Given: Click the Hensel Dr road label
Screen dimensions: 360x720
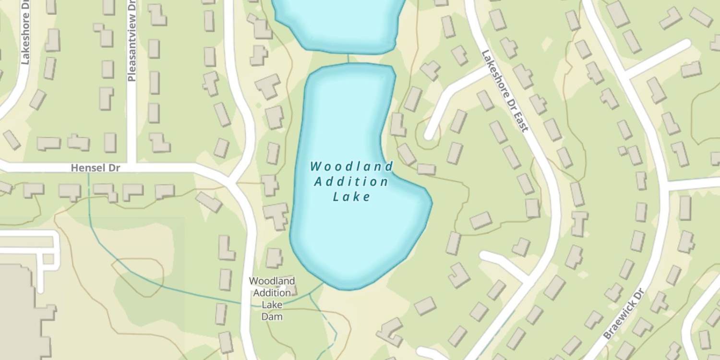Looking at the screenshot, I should click(x=95, y=168).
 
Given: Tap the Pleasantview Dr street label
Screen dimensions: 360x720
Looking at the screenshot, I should click(x=132, y=41).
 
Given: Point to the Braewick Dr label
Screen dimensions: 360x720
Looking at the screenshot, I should click(x=623, y=314).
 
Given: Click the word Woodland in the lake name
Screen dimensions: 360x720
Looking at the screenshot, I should click(x=351, y=167).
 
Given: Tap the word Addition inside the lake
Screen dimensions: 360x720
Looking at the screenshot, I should click(x=351, y=182).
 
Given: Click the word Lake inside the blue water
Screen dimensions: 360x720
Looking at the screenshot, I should click(x=351, y=197).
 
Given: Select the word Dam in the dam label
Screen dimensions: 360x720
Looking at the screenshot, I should click(x=272, y=317).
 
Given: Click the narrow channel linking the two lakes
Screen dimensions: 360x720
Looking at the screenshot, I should click(x=348, y=58).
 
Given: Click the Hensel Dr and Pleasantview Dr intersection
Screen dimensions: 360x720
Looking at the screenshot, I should click(x=132, y=168).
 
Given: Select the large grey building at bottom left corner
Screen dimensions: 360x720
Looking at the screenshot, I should click(x=19, y=312).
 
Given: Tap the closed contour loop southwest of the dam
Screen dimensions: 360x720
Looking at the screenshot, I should click(x=139, y=278).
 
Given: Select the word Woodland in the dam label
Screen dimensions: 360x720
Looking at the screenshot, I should click(x=272, y=281).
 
